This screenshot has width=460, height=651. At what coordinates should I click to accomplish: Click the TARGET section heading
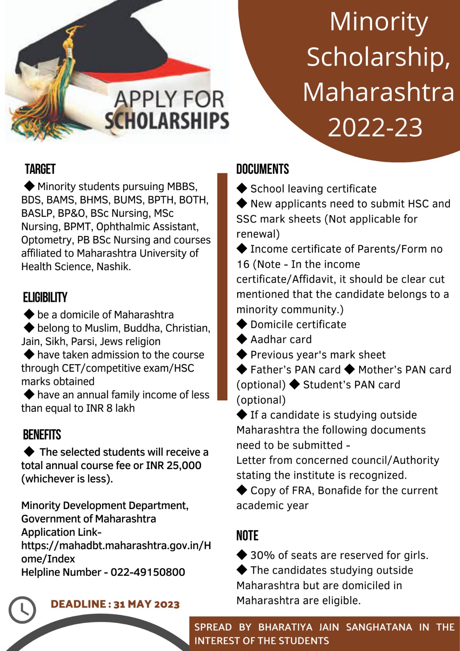click(40, 169)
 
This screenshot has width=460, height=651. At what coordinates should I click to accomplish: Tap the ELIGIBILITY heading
click(45, 297)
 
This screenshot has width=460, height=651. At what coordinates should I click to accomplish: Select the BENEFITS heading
click(42, 435)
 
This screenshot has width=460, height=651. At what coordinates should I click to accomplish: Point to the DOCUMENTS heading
click(262, 169)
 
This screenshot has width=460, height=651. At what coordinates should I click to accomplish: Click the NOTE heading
click(247, 535)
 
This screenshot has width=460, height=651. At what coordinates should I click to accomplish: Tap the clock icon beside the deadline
click(22, 609)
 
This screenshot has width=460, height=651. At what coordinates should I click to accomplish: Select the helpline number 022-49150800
click(148, 572)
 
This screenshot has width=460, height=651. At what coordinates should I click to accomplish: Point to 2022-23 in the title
click(375, 127)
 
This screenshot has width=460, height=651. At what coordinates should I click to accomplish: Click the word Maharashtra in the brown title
click(378, 92)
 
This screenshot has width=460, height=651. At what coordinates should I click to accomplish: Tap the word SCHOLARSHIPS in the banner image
click(167, 121)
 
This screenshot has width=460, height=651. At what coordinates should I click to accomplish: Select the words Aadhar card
click(281, 339)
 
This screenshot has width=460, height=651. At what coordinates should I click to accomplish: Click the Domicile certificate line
click(298, 324)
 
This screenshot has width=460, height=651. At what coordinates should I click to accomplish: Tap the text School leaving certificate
click(313, 189)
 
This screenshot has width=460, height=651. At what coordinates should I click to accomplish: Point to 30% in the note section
click(262, 555)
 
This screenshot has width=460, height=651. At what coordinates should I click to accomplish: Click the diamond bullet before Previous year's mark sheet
click(242, 354)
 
